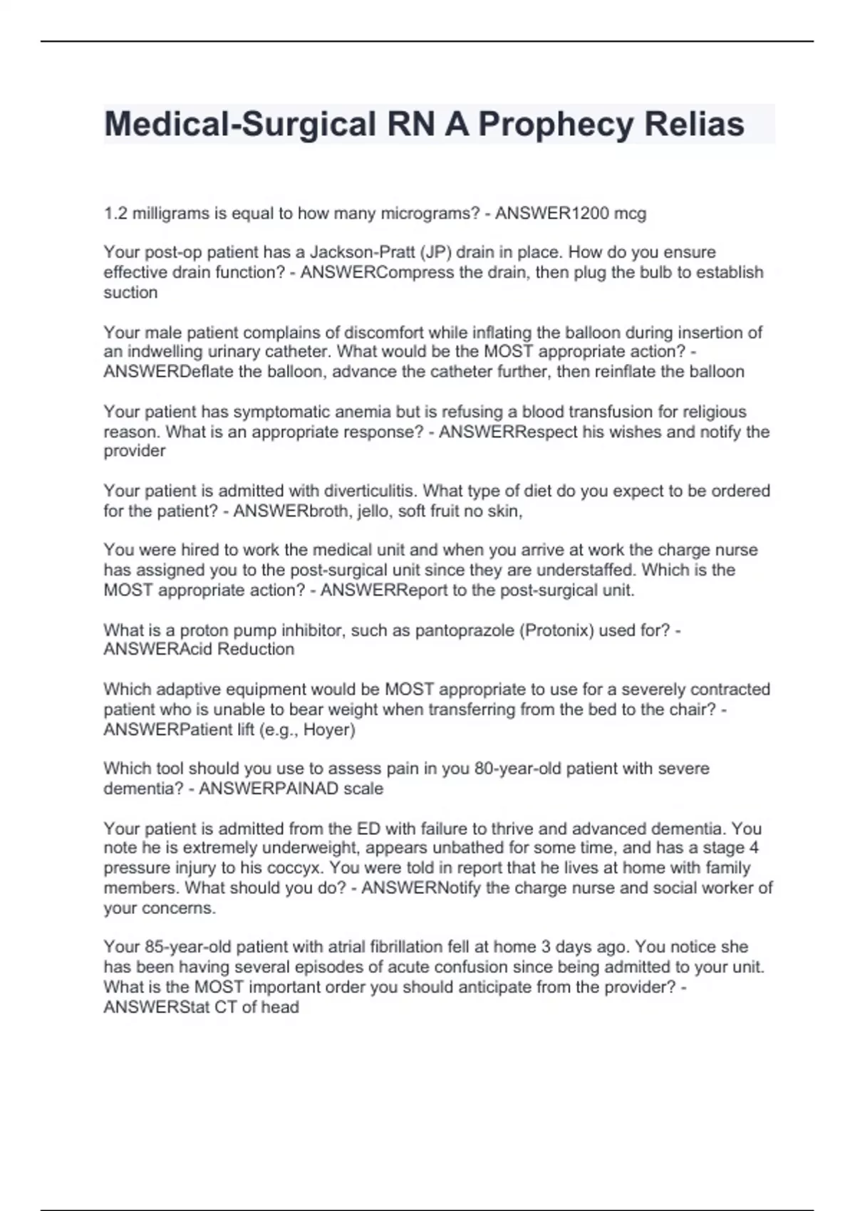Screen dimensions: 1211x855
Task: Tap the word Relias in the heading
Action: pos(694,125)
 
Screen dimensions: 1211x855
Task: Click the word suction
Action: pos(130,292)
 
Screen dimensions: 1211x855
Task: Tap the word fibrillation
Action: pos(406,947)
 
